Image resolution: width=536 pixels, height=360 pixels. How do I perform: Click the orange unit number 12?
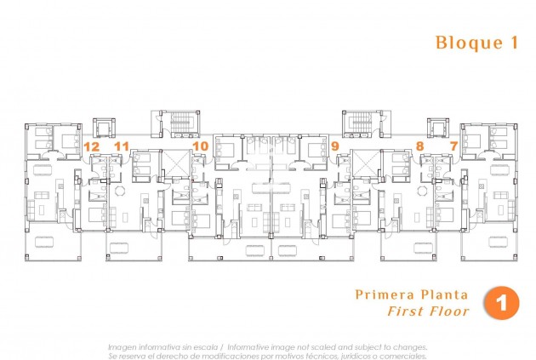(92, 146)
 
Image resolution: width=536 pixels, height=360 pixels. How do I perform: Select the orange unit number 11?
(122, 146)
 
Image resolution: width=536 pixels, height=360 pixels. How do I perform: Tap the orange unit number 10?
(200, 146)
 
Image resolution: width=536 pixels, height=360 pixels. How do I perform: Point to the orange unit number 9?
(334, 146)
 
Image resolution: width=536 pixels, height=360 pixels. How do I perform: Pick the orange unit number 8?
(420, 146)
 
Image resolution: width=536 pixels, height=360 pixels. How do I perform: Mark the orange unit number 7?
(453, 146)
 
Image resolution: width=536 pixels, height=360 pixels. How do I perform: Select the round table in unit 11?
(120, 189)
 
